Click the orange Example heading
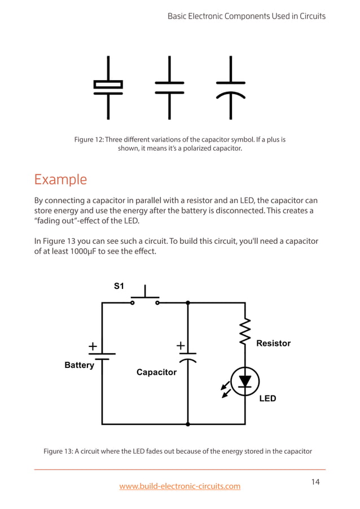[x=60, y=180]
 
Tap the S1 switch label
[x=119, y=286]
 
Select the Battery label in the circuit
[x=79, y=365]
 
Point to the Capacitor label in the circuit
[x=156, y=372]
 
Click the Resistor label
[x=273, y=343]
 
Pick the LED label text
[x=267, y=398]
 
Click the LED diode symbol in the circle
[x=245, y=381]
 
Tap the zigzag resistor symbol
[x=245, y=332]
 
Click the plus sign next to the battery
[x=92, y=345]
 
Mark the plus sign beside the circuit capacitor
[x=181, y=345]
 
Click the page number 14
[x=315, y=481]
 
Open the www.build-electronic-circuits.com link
[x=179, y=486]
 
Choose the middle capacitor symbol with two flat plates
[x=169, y=87]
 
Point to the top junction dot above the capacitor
[x=187, y=303]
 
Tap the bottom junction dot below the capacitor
[x=187, y=424]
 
